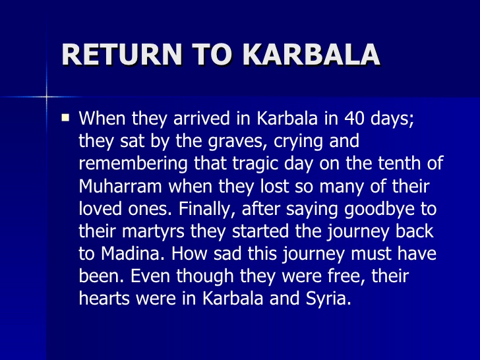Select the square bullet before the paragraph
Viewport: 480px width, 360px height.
(x=65, y=119)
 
